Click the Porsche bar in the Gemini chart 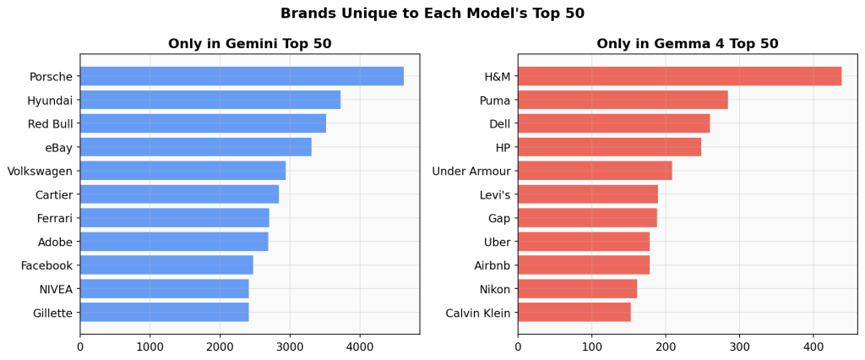click(242, 76)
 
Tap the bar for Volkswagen click(182, 171)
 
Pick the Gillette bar click(164, 313)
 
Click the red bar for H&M click(679, 76)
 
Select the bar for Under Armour click(595, 171)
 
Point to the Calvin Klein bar click(574, 313)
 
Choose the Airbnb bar click(583, 265)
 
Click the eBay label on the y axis click(59, 148)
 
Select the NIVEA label click(56, 290)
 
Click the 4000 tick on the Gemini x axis click(360, 346)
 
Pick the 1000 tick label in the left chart click(150, 346)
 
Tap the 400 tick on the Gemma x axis click(813, 346)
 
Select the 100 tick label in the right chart click(591, 346)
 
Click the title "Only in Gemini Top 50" click(249, 44)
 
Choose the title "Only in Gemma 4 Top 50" click(687, 44)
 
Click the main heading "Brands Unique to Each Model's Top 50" click(432, 14)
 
